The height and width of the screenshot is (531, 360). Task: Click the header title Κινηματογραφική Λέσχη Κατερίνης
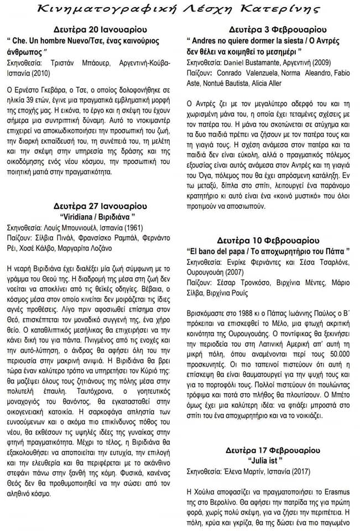coord(180,9)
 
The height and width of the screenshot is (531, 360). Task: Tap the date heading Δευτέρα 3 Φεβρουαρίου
coord(271,29)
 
